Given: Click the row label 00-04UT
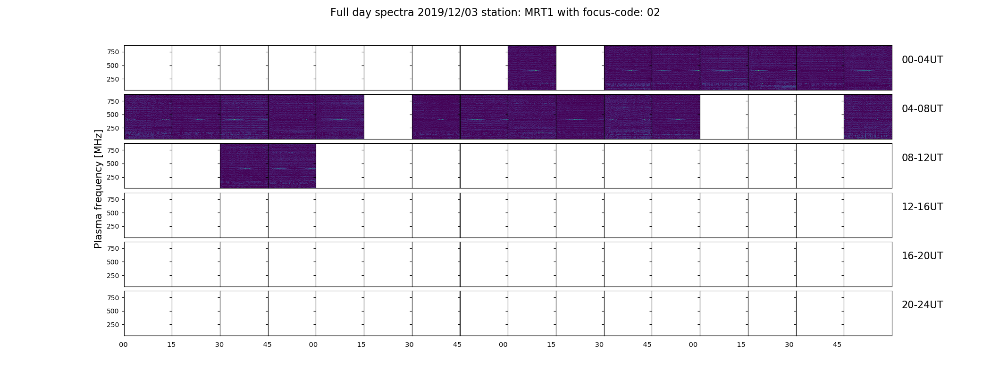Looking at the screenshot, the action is (922, 60).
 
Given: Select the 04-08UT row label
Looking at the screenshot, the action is (922, 109).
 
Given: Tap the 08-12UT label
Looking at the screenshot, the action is (922, 158).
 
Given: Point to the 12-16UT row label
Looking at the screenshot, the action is (922, 207).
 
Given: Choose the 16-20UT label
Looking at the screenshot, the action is (922, 256).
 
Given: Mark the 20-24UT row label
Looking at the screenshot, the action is (922, 305).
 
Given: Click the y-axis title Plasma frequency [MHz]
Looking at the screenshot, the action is (98, 189).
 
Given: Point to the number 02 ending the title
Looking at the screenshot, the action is (654, 13).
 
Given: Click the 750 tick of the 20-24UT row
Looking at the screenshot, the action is (113, 298).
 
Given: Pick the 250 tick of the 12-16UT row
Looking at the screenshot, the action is (113, 227).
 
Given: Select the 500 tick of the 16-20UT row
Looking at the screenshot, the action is (113, 262).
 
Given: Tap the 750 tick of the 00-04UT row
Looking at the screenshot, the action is (113, 52).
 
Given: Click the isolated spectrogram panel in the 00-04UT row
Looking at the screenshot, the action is (532, 68).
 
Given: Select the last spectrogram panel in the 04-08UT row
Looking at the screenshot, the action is (868, 117).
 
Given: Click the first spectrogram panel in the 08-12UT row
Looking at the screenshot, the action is (244, 166).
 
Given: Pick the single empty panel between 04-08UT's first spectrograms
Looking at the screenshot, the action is (388, 117).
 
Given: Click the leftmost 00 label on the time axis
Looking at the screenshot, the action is (124, 345).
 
